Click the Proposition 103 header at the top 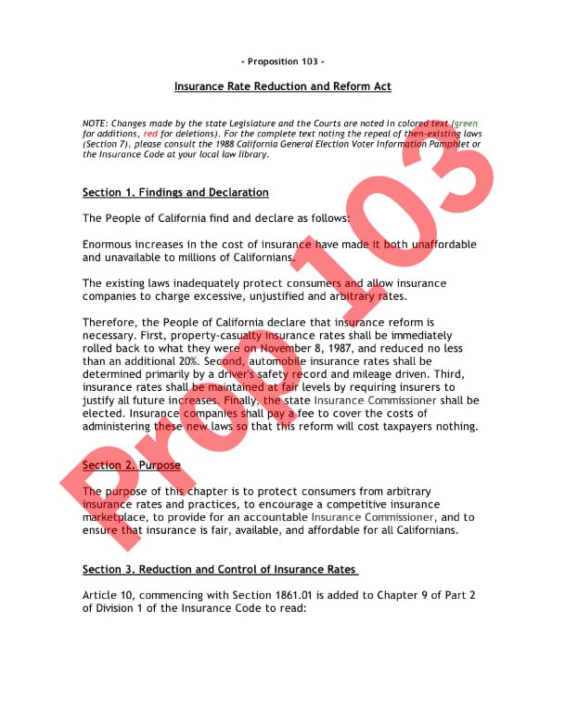[x=283, y=61]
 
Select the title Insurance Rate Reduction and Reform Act [x=283, y=86]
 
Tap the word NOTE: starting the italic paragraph [x=96, y=123]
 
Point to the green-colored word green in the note [x=467, y=123]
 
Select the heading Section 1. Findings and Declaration [x=175, y=192]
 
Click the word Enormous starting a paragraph [x=109, y=244]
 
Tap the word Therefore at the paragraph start [x=111, y=321]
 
